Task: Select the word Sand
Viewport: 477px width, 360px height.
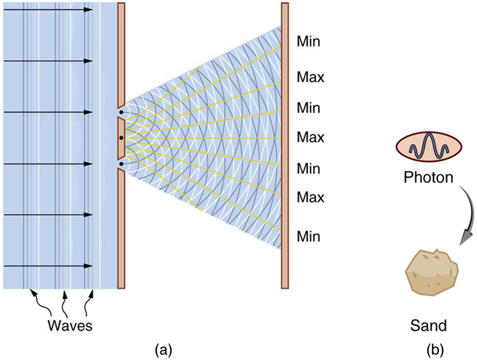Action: tap(428, 326)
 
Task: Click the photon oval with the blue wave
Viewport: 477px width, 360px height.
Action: tap(428, 147)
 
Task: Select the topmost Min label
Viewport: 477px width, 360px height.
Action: tap(309, 41)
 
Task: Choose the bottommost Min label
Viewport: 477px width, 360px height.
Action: tap(309, 236)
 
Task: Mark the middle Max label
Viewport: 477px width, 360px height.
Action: tap(310, 137)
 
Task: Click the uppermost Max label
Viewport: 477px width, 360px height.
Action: tap(310, 77)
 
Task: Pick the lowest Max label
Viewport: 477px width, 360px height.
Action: tap(310, 197)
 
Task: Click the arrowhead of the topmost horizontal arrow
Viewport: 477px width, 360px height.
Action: tap(89, 10)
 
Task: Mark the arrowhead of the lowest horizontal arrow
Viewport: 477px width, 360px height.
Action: tap(89, 266)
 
